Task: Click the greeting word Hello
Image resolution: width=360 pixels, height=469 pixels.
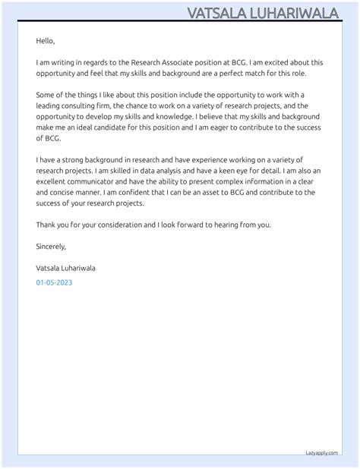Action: pos(46,41)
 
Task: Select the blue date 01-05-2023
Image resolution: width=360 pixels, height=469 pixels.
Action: pos(54,282)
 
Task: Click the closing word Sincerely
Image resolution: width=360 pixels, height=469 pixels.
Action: pos(51,247)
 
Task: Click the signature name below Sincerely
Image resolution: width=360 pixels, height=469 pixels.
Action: pos(65,268)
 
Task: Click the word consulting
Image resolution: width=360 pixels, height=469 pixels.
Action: pos(79,105)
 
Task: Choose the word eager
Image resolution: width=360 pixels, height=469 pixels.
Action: pos(238,127)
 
